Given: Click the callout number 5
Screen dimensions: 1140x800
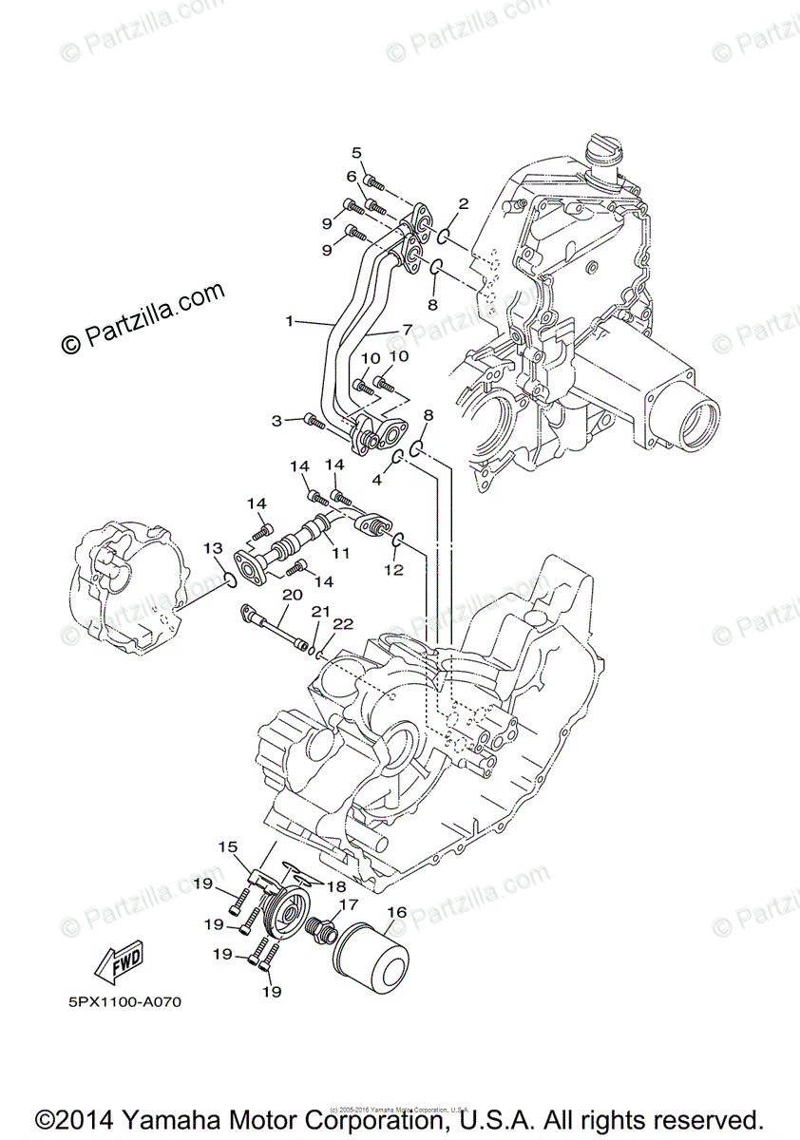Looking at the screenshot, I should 357,153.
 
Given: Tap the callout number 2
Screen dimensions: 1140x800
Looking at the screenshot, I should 464,203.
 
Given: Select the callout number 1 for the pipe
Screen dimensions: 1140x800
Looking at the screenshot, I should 290,321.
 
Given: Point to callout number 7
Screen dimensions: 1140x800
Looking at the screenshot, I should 407,331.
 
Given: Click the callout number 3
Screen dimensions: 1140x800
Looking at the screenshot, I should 276,420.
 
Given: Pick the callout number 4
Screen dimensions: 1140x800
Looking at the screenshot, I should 377,481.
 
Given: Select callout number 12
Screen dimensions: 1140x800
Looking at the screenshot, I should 393,570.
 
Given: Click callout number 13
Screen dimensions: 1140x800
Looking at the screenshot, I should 212,548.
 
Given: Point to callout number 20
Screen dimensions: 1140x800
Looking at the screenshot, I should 292,594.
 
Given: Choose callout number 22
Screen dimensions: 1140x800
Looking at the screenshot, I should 343,623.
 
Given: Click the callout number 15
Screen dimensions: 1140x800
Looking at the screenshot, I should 227,845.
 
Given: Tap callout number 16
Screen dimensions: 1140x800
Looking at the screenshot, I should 396,912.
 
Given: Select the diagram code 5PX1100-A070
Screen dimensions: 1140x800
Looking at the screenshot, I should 124,1002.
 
